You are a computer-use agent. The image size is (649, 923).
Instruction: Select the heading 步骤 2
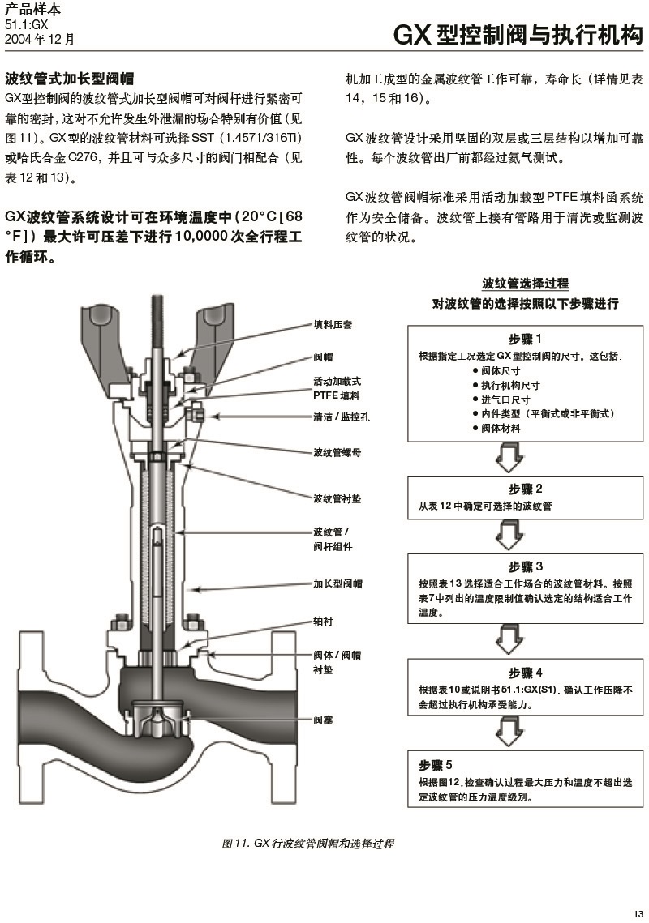[x=525, y=489]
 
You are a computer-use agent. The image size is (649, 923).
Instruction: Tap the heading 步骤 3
[x=525, y=566]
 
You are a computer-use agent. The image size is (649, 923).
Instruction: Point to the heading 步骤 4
[x=525, y=673]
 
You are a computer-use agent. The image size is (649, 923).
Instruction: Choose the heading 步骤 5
[x=436, y=765]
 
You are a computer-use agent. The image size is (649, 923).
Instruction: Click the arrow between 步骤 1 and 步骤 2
[x=509, y=458]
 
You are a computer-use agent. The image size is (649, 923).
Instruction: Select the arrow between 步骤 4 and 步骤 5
[x=509, y=731]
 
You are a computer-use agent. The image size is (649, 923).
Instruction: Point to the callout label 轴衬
[x=323, y=622]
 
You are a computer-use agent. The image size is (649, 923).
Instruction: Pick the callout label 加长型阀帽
[x=337, y=583]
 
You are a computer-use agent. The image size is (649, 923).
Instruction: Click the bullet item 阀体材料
[x=501, y=428]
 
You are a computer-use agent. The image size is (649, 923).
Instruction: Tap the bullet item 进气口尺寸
[x=505, y=400]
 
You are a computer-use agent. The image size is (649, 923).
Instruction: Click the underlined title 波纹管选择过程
[x=525, y=284]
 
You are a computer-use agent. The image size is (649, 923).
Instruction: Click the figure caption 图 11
[x=307, y=844]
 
